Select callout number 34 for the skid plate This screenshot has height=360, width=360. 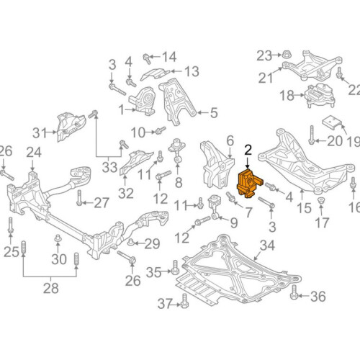tap(267, 247)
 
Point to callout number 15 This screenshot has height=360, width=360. tap(305, 209)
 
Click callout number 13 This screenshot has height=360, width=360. tap(192, 71)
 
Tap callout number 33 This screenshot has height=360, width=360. tap(108, 168)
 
